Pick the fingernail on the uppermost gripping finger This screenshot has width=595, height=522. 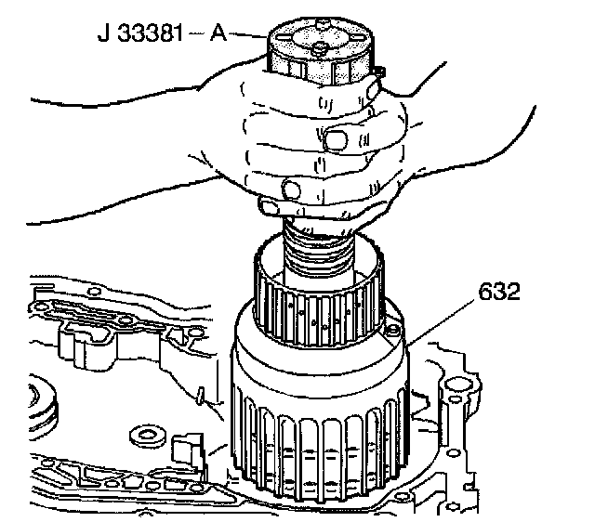tap(335, 139)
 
